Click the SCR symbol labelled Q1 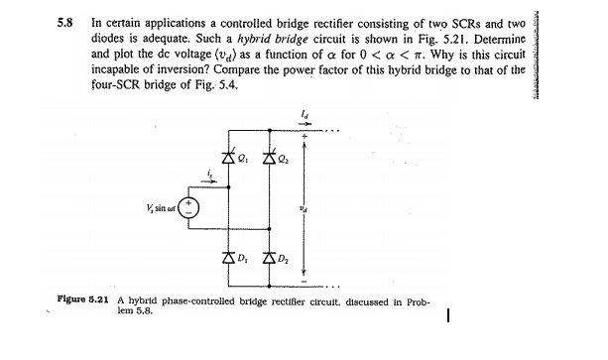click(230, 156)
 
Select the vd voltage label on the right click(316, 207)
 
